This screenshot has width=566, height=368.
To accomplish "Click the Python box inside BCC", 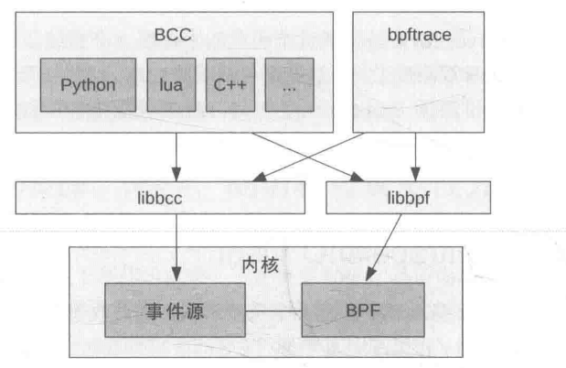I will tap(88, 84).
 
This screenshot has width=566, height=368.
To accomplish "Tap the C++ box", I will tap(230, 84).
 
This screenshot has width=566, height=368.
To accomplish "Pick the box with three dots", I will tap(289, 84).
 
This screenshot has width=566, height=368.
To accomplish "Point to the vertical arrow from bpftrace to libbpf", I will tap(417, 156).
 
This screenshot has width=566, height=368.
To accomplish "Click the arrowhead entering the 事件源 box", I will tap(176, 276).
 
